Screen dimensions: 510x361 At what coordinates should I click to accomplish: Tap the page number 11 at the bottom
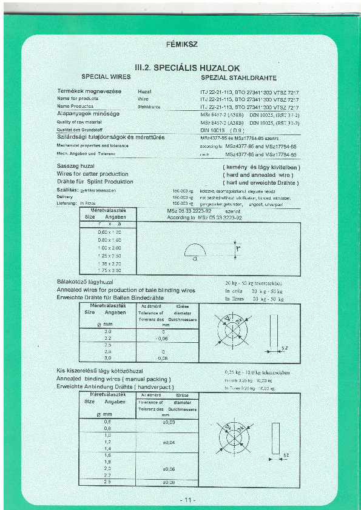click(186, 500)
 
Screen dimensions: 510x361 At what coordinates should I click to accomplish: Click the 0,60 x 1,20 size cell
click(110, 232)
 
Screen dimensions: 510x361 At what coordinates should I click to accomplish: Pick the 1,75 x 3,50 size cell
click(110, 270)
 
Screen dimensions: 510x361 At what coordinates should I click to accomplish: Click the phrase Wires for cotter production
click(92, 174)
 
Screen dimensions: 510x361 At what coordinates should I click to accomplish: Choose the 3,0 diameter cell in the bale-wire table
click(108, 359)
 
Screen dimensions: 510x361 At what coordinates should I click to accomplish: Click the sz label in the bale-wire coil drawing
click(285, 349)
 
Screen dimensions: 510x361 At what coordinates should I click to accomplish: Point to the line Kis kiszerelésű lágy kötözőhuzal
click(100, 370)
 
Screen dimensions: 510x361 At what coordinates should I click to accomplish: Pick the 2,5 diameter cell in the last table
click(108, 482)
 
